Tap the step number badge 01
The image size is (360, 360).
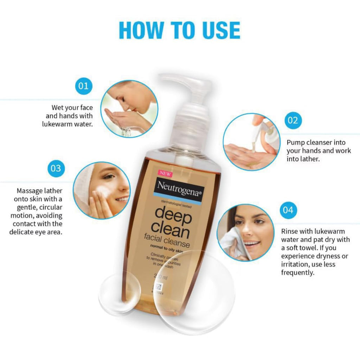pos(83,85)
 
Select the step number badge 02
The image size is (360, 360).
pos(292,121)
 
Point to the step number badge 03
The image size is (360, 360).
pos(56,168)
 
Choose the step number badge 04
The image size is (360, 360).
pos(288,210)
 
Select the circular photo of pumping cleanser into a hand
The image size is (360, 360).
pos(252,142)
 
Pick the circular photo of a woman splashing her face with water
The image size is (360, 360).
pos(129,109)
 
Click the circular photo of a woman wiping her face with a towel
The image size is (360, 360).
pos(245,233)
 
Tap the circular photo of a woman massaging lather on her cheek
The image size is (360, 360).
pos(102,191)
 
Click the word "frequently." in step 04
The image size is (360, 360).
pos(297,272)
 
